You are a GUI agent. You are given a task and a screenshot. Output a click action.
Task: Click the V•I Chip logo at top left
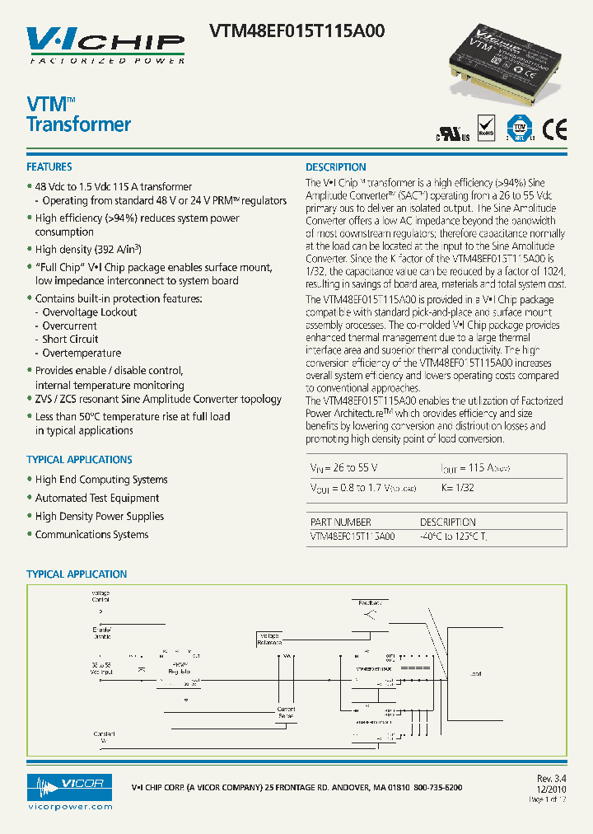coord(105,45)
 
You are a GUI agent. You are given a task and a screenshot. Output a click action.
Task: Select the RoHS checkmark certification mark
coord(486,128)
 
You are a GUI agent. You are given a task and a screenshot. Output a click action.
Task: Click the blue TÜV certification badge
coord(518,128)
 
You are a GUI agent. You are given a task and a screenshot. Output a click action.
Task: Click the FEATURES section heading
coord(49,166)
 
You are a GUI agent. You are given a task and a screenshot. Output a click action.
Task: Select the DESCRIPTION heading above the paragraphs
coord(336,166)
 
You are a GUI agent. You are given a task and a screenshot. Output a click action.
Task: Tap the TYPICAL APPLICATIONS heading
coord(79,460)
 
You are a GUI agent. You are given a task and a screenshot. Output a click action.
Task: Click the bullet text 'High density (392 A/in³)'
coord(88,249)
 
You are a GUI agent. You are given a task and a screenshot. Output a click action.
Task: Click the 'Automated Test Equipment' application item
coord(97,498)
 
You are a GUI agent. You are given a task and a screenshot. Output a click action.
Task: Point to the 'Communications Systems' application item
coord(91,535)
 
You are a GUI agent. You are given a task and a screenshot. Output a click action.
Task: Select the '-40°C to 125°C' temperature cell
coord(454,536)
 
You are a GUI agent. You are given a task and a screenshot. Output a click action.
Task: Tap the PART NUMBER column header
coord(340,522)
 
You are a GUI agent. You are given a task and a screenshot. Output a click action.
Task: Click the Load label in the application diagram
coord(475,674)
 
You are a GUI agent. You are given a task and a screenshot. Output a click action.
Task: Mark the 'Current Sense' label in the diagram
coord(286,712)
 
